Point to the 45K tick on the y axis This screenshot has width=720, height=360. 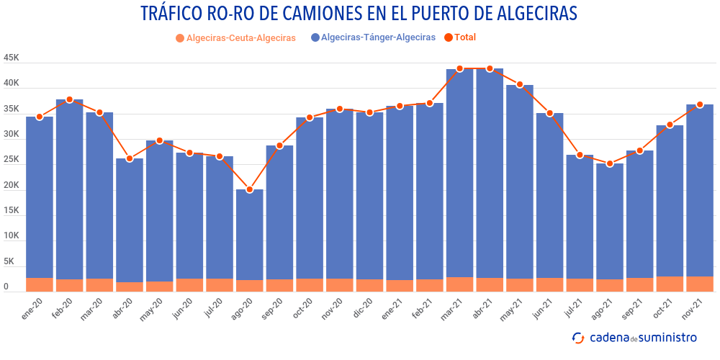[12, 58]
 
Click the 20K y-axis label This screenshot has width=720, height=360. [12, 185]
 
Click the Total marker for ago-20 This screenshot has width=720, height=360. [250, 190]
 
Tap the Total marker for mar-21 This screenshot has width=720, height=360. [460, 68]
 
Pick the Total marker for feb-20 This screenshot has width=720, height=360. [70, 99]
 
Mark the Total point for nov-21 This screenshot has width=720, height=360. [700, 104]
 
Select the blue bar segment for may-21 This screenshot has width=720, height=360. [520, 180]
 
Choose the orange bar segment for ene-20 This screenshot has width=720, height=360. [40, 284]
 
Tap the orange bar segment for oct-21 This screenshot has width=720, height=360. [670, 284]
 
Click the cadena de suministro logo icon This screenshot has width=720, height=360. [578, 338]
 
